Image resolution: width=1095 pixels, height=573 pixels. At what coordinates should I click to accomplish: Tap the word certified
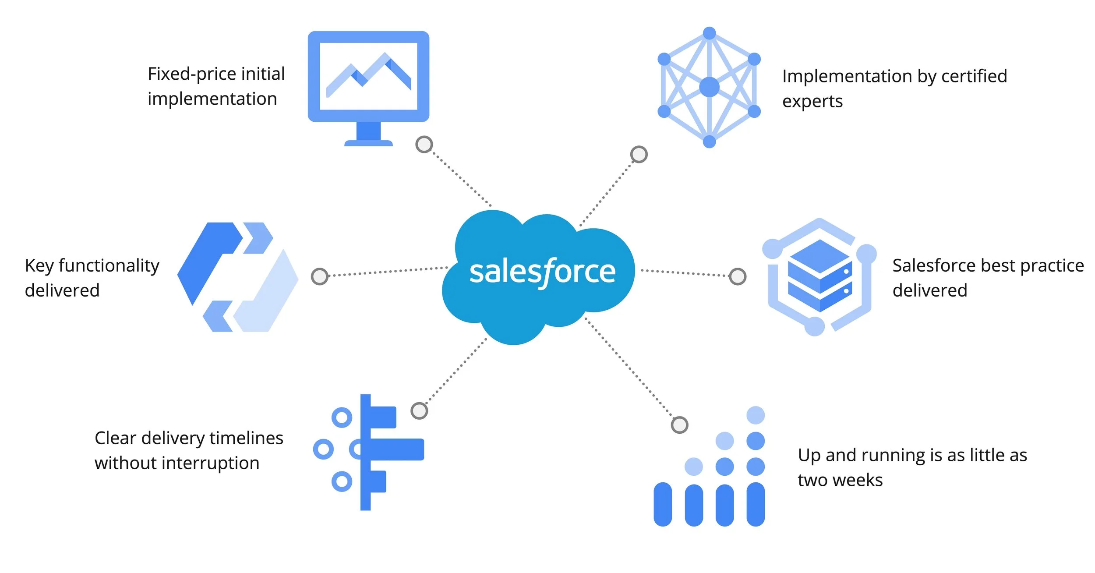(x=974, y=76)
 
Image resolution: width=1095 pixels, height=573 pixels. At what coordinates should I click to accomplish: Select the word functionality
(x=109, y=266)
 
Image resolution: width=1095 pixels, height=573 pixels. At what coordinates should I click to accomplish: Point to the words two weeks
(x=840, y=480)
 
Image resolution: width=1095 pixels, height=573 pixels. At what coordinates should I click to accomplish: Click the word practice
(x=1050, y=265)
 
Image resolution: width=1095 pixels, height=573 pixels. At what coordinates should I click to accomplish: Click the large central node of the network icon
(x=709, y=87)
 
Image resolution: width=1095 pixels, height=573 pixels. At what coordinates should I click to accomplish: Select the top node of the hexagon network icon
(x=709, y=33)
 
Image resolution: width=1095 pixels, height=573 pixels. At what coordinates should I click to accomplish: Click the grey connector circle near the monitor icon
(x=424, y=144)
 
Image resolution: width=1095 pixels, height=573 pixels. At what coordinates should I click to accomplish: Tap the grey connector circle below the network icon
(x=639, y=154)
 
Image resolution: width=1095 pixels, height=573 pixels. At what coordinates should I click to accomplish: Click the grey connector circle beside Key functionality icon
(x=319, y=276)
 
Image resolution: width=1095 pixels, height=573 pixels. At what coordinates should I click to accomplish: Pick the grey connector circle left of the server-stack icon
(x=738, y=276)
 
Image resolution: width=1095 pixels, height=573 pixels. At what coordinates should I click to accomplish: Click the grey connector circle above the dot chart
(x=679, y=424)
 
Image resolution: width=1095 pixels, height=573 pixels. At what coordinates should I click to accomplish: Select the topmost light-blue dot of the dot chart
(x=756, y=415)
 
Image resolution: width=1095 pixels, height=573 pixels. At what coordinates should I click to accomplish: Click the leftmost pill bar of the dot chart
(x=663, y=504)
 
